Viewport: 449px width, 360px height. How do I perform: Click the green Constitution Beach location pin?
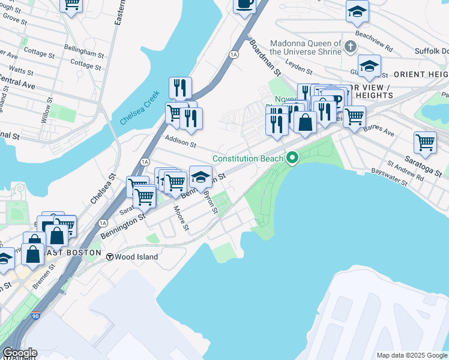pos(293,158)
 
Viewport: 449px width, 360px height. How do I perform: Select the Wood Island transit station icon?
pos(110,257)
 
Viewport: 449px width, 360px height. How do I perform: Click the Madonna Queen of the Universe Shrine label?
pos(306,47)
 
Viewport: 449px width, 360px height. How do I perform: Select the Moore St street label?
pos(181,220)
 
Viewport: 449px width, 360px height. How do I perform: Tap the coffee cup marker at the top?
pos(244,5)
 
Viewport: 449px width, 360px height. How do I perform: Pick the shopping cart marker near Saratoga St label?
pos(425,143)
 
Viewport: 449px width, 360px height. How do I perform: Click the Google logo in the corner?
pos(20,353)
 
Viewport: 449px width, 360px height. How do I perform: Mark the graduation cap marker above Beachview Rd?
pos(357,11)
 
